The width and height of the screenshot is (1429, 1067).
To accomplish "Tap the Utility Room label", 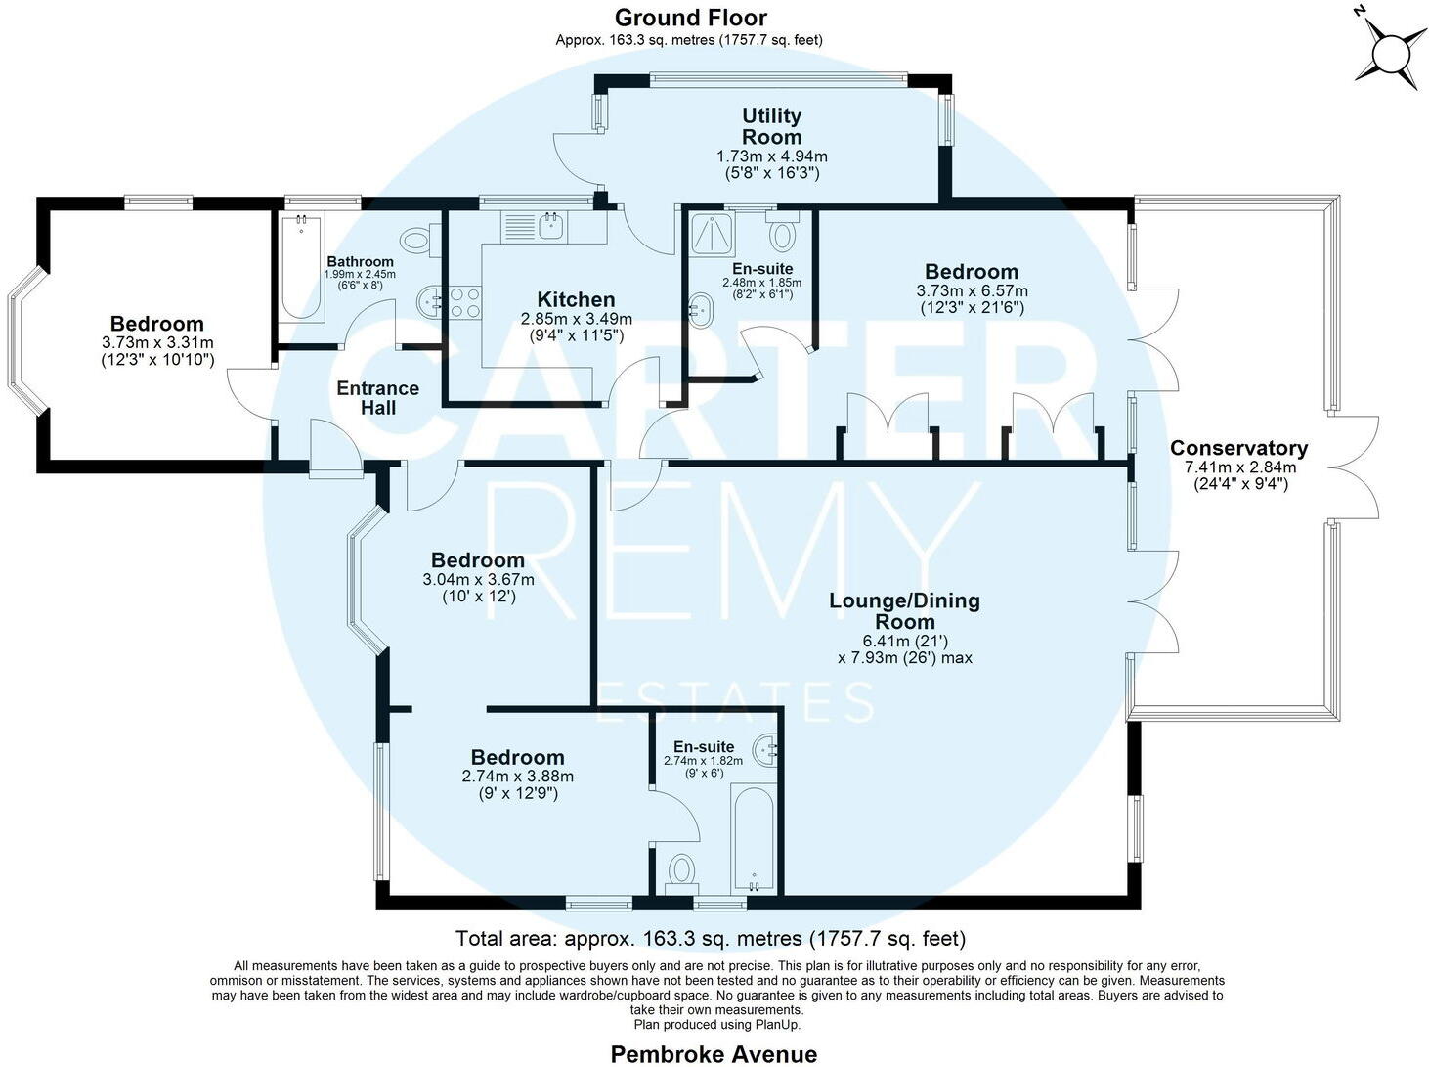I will point(772,127).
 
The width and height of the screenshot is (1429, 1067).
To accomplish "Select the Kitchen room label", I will point(576,300).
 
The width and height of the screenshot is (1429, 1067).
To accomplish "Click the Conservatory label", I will point(1238,448).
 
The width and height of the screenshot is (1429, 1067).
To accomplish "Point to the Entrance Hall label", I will point(377,398).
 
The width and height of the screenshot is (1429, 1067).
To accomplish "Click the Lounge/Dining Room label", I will point(904,611).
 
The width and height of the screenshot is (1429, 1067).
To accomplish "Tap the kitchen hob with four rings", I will point(463,302).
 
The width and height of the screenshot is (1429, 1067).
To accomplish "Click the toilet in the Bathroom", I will point(418,239).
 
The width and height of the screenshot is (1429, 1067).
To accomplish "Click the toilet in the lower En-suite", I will point(681,870).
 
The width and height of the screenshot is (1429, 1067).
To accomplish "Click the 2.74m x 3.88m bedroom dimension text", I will point(517,777).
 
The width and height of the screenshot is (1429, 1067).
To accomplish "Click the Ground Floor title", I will point(690,18).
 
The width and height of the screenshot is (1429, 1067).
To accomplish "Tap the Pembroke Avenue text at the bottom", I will point(714,1053).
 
